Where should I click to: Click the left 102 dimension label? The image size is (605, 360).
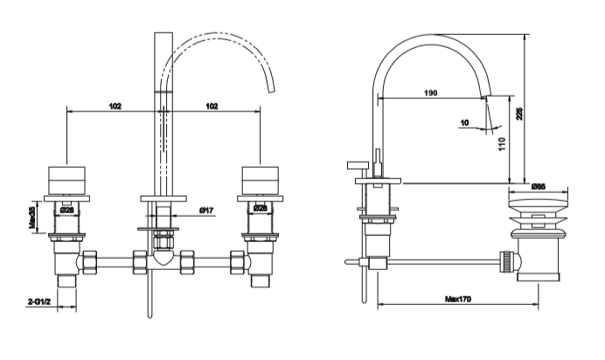coord(115,105)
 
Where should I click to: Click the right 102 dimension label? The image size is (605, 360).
coord(211,105)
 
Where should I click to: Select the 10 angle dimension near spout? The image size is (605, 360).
coord(465,123)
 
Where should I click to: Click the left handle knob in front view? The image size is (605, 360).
coord(67,178)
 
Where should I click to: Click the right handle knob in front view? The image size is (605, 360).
coord(260,178)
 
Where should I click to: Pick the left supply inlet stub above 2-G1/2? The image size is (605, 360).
coord(67,280)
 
